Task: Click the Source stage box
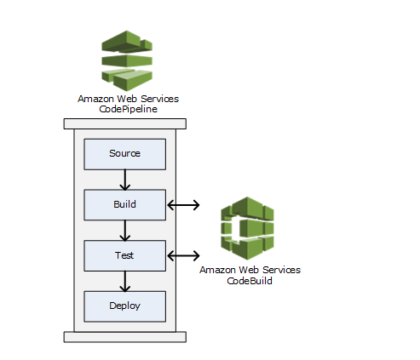[125, 154]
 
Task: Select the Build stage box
[125, 205]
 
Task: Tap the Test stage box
[125, 255]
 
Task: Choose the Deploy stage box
[125, 306]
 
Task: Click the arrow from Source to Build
[125, 180]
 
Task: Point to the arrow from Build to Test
[125, 231]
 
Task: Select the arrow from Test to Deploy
[125, 281]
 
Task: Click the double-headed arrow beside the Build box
[183, 205]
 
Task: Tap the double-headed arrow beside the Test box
[183, 255]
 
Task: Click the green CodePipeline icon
[127, 60]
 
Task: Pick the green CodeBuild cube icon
[247, 228]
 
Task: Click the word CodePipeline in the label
[128, 109]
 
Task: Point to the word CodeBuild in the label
[250, 281]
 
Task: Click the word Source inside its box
[124, 153]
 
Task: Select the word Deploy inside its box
[124, 306]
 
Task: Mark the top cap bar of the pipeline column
[125, 124]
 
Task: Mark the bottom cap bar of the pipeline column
[125, 337]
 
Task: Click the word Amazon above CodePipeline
[95, 99]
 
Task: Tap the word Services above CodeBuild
[282, 270]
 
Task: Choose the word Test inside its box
[124, 255]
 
